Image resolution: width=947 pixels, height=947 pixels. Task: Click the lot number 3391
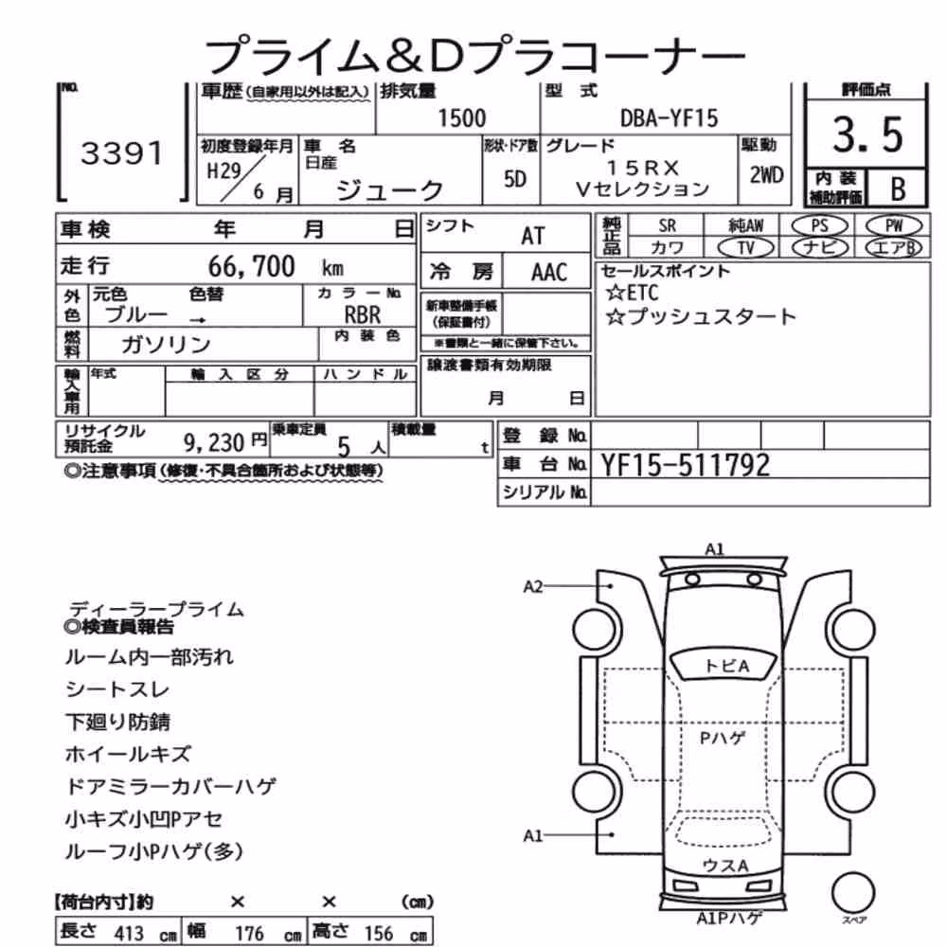click(122, 153)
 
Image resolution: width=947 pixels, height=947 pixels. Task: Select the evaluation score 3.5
click(867, 134)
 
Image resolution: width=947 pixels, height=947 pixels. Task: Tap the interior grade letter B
click(898, 189)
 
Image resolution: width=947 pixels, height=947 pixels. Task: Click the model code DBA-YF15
click(670, 117)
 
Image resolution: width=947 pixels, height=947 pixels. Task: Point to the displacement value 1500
click(461, 117)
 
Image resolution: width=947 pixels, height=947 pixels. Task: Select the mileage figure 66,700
click(251, 266)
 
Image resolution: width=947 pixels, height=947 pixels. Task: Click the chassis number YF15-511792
click(685, 465)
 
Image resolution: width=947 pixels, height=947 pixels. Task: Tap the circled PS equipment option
click(819, 226)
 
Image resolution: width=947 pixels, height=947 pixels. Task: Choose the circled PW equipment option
click(894, 226)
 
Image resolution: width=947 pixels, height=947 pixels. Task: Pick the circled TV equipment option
click(745, 247)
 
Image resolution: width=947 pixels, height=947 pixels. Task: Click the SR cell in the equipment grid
click(667, 226)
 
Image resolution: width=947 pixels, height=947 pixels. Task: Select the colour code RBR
click(363, 314)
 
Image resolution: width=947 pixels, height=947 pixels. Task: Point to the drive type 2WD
click(766, 175)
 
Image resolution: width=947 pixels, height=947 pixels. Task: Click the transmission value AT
click(532, 236)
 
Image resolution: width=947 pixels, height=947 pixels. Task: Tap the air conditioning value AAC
click(549, 273)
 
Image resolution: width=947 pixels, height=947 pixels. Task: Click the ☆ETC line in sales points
click(632, 293)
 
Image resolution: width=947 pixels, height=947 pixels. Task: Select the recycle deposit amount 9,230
click(214, 442)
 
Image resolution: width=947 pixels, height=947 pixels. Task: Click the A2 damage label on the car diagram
click(532, 586)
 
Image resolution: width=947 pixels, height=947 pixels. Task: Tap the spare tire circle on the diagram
click(853, 892)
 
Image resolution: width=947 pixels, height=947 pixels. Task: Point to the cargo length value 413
click(129, 933)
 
